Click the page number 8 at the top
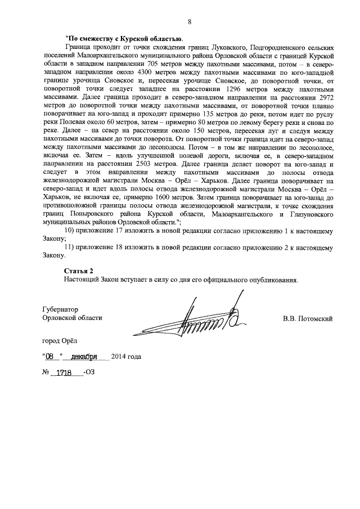(x=190, y=22)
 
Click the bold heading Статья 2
(x=79, y=271)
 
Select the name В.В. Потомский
(x=307, y=318)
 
